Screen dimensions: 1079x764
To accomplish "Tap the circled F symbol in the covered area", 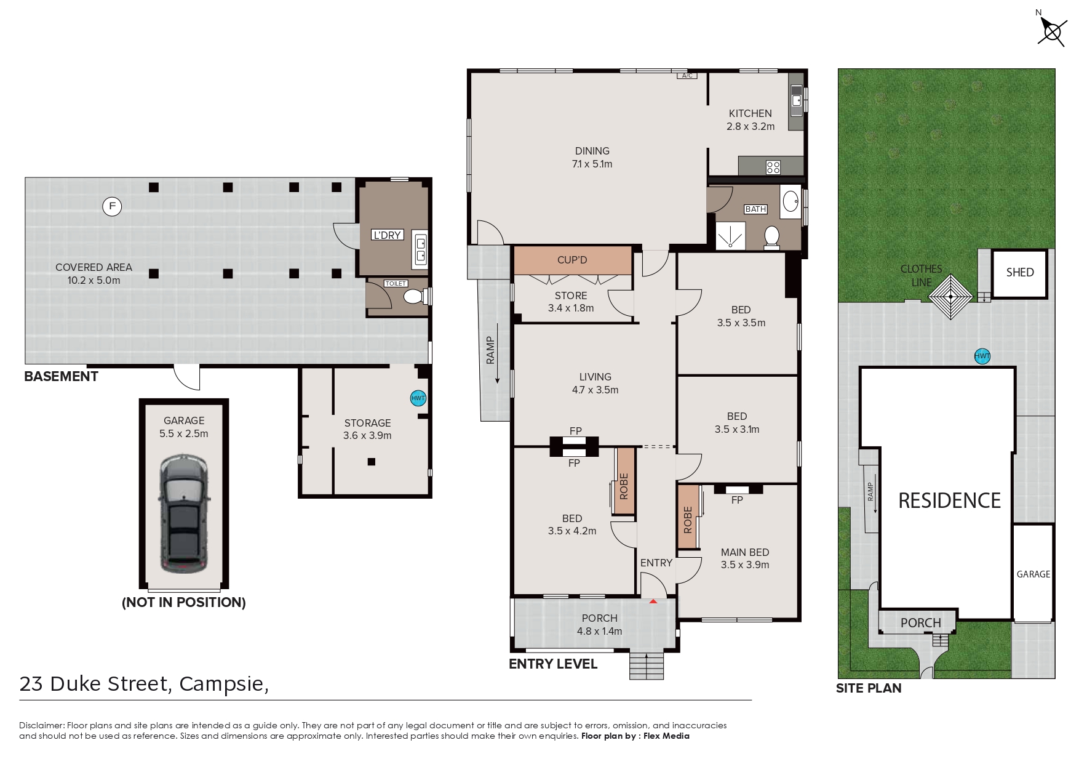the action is pyautogui.click(x=112, y=206).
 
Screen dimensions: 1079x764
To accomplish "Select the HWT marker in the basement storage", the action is pyautogui.click(x=418, y=398).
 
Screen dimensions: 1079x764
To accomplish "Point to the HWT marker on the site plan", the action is pyautogui.click(x=982, y=356).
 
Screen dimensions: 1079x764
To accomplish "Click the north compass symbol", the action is pyautogui.click(x=1051, y=30).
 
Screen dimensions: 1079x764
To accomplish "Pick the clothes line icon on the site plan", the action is pyautogui.click(x=950, y=297).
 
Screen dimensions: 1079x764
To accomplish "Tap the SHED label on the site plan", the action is pyautogui.click(x=1020, y=272).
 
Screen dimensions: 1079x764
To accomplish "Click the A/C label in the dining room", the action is pyautogui.click(x=687, y=76).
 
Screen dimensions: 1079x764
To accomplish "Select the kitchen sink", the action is pyautogui.click(x=797, y=100).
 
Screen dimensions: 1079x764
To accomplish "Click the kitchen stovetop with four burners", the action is pyautogui.click(x=773, y=167).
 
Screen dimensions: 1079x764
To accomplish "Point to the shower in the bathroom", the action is pyautogui.click(x=730, y=236).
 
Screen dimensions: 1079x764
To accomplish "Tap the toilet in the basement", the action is pyautogui.click(x=415, y=297).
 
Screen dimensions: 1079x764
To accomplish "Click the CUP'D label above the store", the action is pyautogui.click(x=572, y=260).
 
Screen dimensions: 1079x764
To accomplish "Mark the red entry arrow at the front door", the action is pyautogui.click(x=653, y=600).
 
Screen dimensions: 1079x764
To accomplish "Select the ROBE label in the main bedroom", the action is pyautogui.click(x=688, y=520).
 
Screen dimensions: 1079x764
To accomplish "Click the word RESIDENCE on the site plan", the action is pyautogui.click(x=949, y=501).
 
